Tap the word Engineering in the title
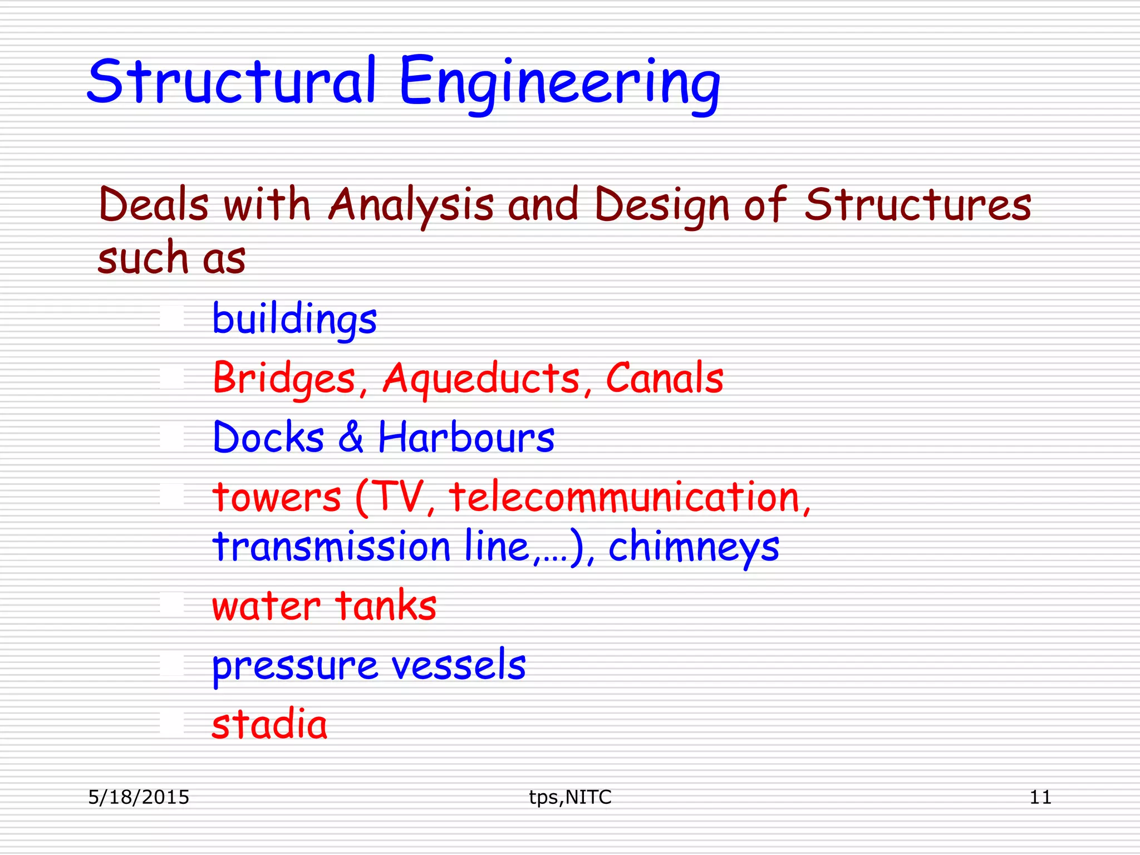[559, 83]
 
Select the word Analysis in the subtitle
[411, 205]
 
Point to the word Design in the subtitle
[662, 205]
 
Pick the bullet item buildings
[294, 319]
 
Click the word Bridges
[284, 379]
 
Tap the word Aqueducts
[481, 379]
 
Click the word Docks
[268, 437]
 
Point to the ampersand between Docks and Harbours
[351, 437]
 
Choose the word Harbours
[466, 437]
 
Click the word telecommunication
[624, 497]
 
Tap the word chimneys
[694, 547]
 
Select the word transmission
[331, 547]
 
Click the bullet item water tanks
[324, 606]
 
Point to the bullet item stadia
[269, 724]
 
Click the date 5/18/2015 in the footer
[139, 797]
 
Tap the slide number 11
[1040, 797]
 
